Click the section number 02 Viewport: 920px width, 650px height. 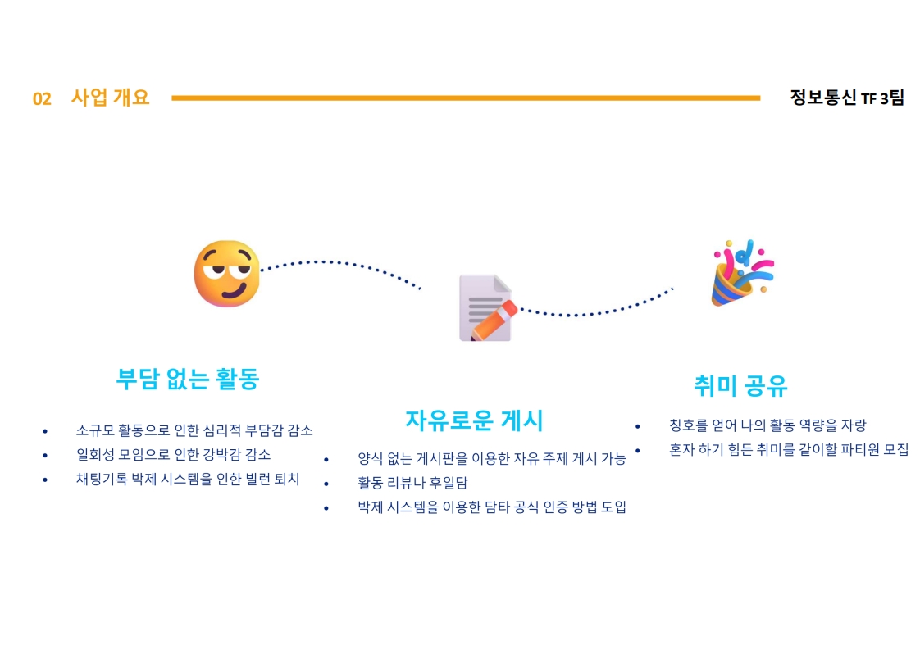click(x=42, y=99)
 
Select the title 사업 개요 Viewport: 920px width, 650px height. click(x=111, y=98)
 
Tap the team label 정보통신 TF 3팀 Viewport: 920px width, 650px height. click(x=846, y=98)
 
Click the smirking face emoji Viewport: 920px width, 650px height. click(x=226, y=274)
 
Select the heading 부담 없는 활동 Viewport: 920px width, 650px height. click(x=188, y=379)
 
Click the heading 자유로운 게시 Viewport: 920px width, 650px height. click(x=474, y=420)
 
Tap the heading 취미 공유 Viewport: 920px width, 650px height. click(x=740, y=384)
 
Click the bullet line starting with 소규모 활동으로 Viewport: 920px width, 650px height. click(x=194, y=430)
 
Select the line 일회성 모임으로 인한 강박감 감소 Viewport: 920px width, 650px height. click(x=173, y=454)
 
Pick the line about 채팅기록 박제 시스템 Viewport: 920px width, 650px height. click(x=188, y=479)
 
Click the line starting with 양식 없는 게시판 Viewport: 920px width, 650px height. click(x=492, y=458)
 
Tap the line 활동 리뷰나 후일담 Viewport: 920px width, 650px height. click(x=412, y=483)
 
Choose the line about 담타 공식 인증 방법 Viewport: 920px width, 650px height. click(x=492, y=507)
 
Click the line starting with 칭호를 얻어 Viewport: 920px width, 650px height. click(x=767, y=425)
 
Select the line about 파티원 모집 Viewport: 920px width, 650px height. click(x=789, y=449)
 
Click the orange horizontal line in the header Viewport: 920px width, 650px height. click(x=466, y=98)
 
